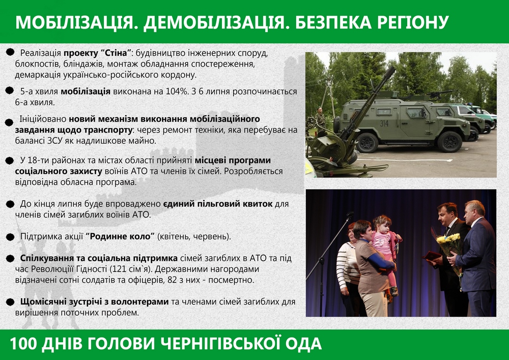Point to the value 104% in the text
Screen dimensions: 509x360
[177, 91]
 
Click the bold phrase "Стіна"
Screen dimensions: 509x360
[118, 52]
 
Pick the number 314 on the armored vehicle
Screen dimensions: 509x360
[384, 123]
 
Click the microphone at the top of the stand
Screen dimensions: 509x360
[350, 214]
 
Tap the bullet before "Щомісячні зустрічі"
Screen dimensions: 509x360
[10, 302]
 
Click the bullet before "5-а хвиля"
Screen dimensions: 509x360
[9, 91]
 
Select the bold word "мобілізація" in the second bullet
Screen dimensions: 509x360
[86, 91]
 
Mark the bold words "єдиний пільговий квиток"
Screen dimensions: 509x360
[217, 204]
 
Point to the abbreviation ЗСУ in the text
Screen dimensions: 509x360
[54, 141]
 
